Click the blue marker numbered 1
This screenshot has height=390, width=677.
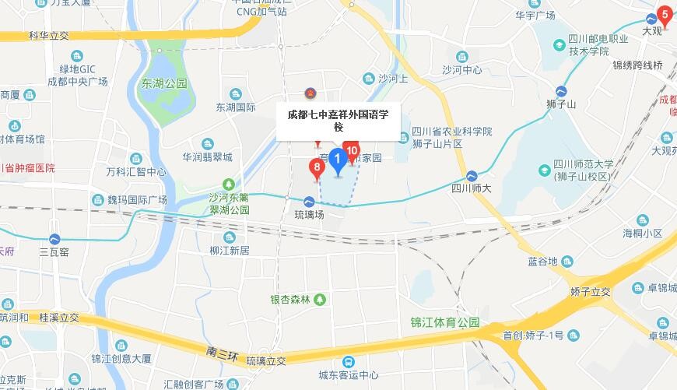338,162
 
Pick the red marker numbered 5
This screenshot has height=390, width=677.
665,14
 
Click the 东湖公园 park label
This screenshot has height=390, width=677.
164,83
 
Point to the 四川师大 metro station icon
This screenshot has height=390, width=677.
472,175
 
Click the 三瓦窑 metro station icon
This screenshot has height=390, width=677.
54,239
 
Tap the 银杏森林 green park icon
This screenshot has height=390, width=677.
320,300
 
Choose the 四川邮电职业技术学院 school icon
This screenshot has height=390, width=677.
558,45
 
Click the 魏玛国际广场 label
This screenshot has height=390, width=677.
137,199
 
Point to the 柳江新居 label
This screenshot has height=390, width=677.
229,251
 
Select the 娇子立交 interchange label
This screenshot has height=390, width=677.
589,291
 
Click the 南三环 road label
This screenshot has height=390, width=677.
222,353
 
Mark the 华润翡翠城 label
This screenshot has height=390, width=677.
207,156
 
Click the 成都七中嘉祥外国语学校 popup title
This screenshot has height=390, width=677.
338,121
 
